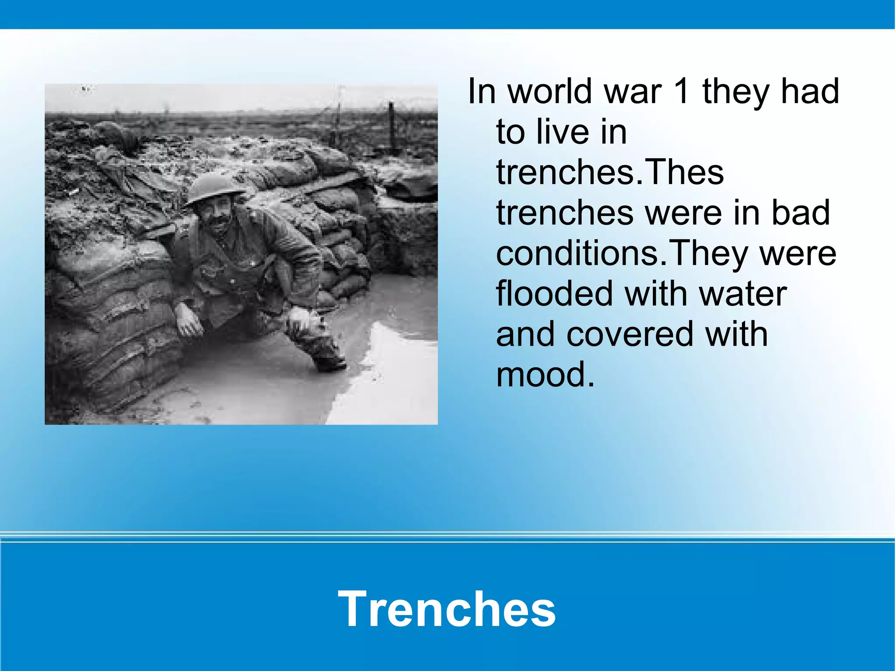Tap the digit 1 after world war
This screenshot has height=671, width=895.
coord(682,92)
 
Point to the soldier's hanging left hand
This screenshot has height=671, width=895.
coord(189,323)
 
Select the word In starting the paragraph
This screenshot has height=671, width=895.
coord(482,92)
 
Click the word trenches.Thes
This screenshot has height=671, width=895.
coord(610,172)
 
